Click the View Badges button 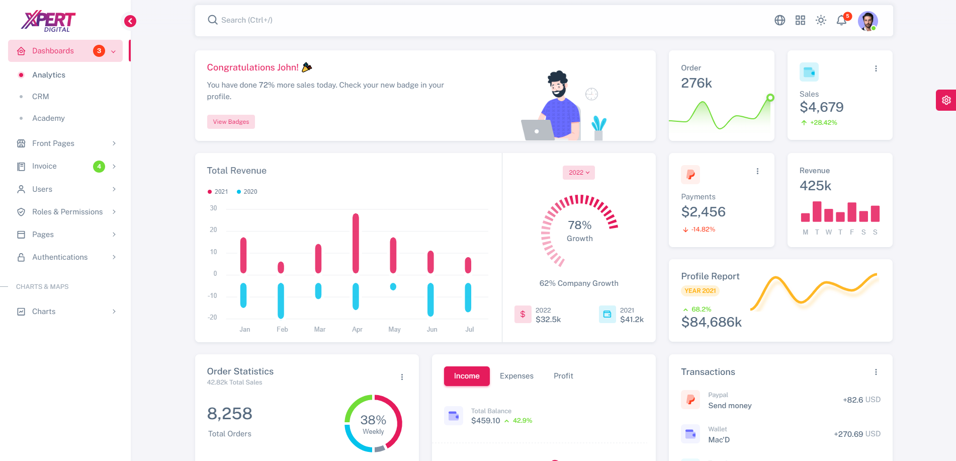[x=231, y=122]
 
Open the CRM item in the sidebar [x=41, y=97]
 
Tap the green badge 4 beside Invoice [x=99, y=166]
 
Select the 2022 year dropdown [x=579, y=173]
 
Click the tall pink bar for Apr [x=356, y=243]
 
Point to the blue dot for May [x=393, y=287]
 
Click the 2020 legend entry [x=247, y=192]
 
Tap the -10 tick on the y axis [x=213, y=295]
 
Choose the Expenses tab [x=516, y=376]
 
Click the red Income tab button [x=467, y=376]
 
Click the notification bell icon [x=841, y=21]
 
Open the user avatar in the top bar [x=868, y=21]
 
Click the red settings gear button [x=946, y=100]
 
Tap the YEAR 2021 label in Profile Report [x=700, y=291]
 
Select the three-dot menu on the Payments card [x=757, y=171]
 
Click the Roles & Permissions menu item [x=67, y=212]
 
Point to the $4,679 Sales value [x=822, y=107]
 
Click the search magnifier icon [x=213, y=20]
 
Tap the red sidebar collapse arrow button [x=130, y=21]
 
